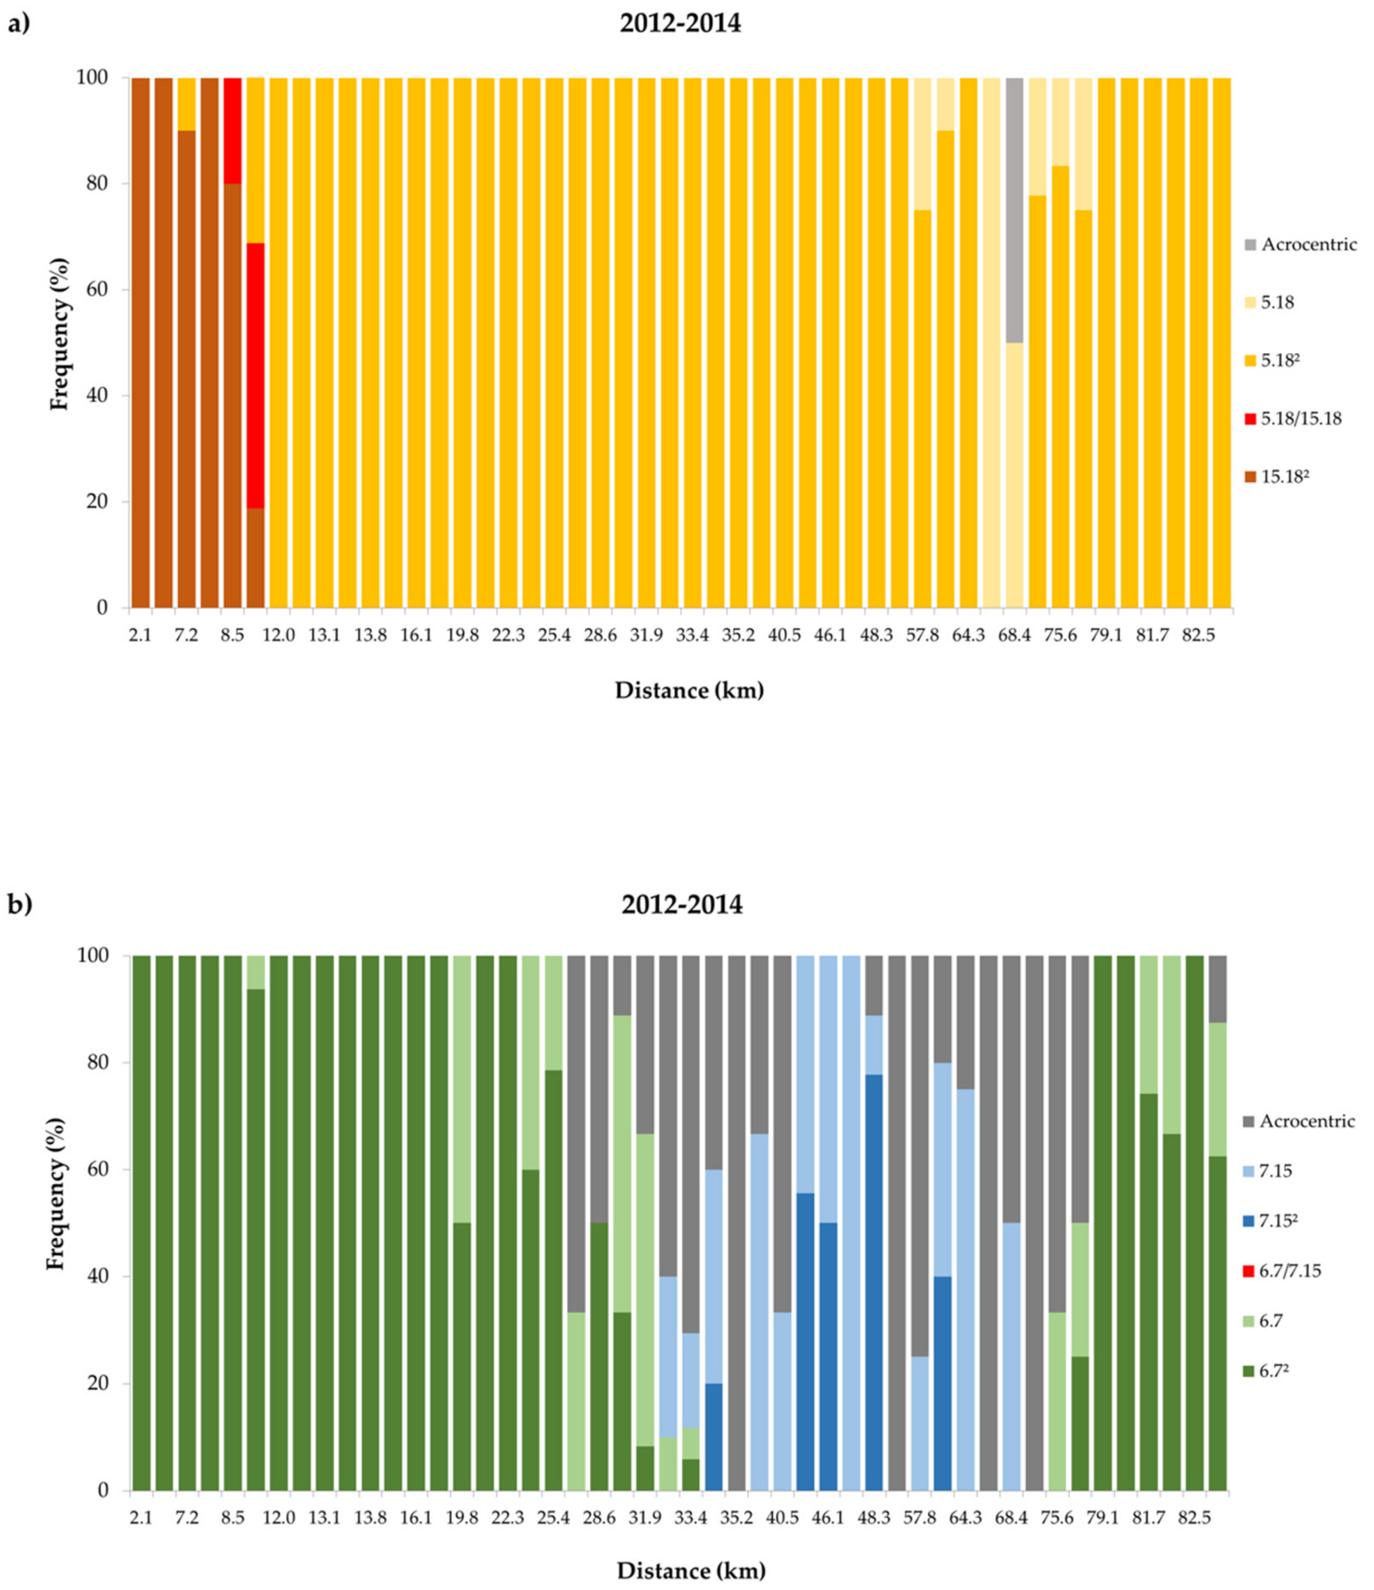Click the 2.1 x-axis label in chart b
(x=140, y=1519)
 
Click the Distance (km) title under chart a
(x=689, y=691)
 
